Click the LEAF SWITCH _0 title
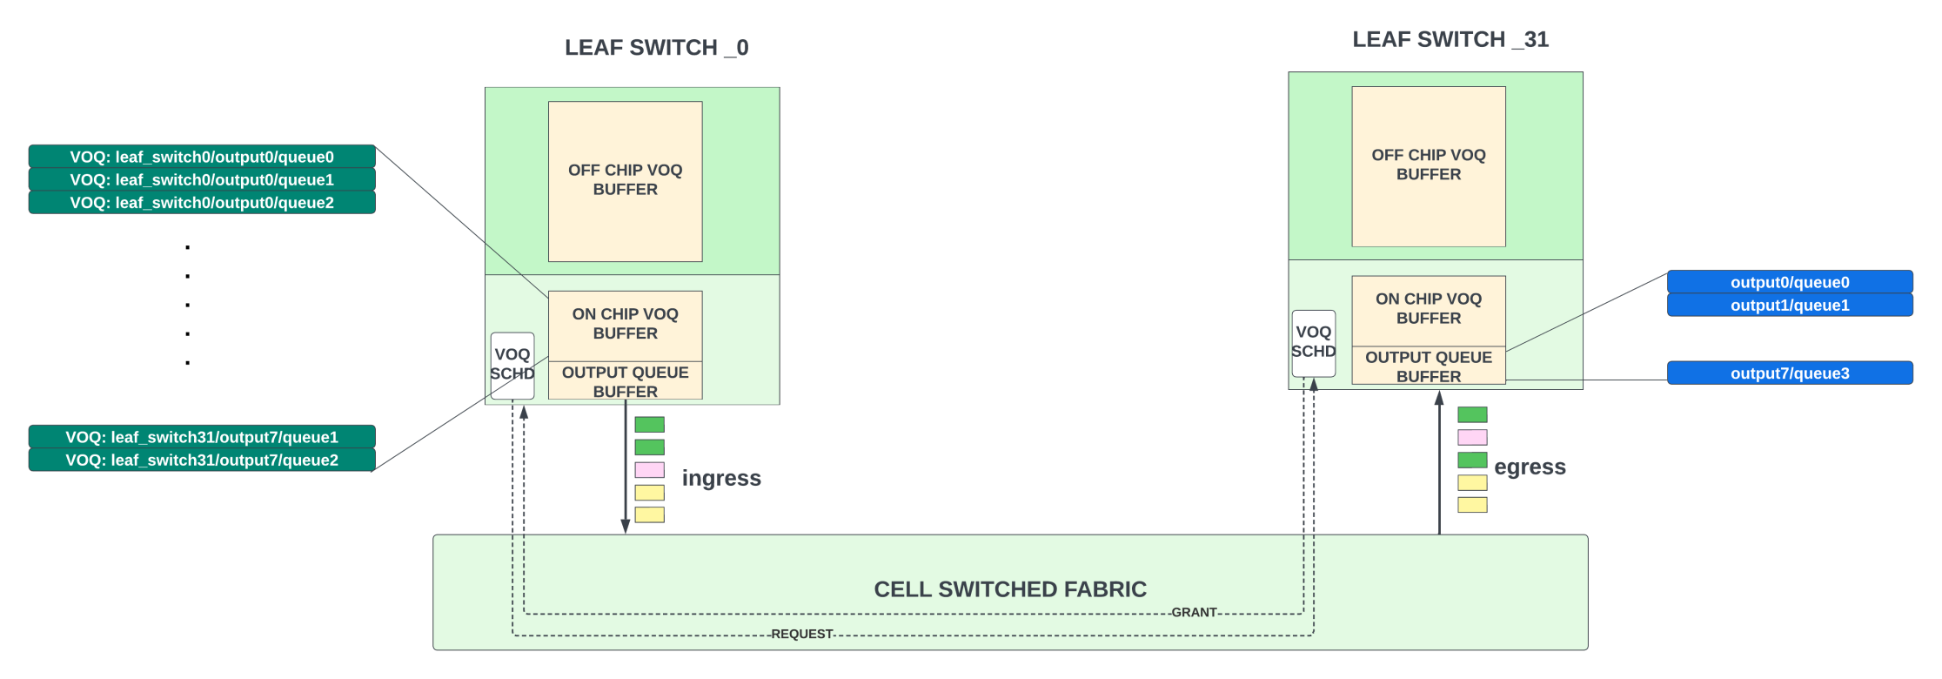point(657,47)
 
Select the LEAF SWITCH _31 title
point(1450,39)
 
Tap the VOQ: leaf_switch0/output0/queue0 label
point(202,157)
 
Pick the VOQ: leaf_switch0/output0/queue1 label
point(202,179)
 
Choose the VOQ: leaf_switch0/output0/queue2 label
point(202,202)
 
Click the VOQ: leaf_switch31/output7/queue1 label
point(202,437)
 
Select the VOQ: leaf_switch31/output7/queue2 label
point(202,460)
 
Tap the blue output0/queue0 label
point(1790,282)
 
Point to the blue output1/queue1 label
point(1790,305)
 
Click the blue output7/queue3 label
point(1790,373)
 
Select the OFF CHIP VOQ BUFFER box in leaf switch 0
point(625,181)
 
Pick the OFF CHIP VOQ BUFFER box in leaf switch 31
point(1429,166)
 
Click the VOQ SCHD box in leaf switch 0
point(512,366)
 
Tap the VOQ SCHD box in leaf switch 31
point(1314,343)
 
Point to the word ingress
point(721,478)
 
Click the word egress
point(1530,467)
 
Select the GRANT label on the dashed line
point(1194,612)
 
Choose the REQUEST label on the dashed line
point(802,634)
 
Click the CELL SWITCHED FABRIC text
point(1010,589)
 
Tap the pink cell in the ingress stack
point(649,470)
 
